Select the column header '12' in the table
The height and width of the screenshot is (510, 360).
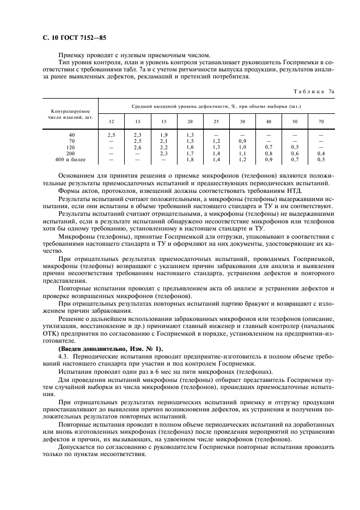[111, 120]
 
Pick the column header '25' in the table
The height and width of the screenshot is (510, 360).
[216, 120]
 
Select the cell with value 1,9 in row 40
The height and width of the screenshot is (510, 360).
[163, 135]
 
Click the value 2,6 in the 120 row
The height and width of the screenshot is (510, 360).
[137, 147]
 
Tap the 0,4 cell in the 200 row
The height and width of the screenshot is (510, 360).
[321, 154]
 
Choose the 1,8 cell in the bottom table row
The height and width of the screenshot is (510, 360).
[190, 160]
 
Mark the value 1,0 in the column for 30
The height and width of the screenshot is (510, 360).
[242, 147]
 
